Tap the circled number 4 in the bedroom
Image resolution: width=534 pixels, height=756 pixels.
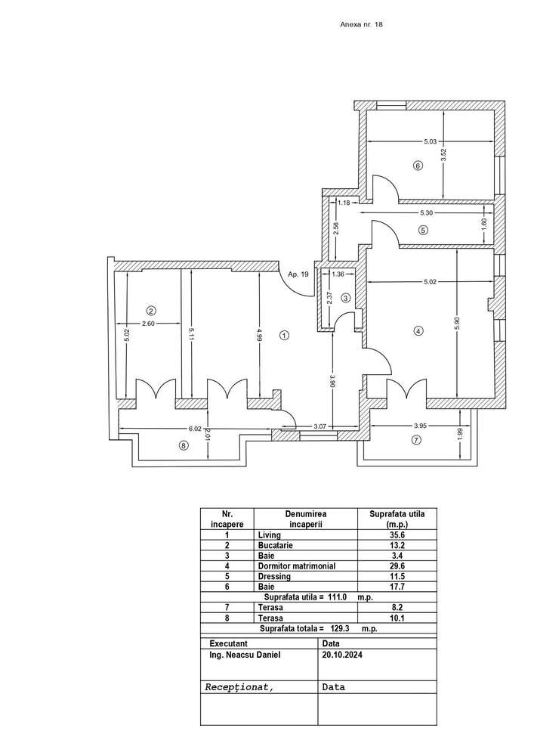tap(417, 330)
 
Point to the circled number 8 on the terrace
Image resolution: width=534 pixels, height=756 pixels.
tap(183, 446)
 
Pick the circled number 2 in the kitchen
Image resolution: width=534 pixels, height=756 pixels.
tap(151, 310)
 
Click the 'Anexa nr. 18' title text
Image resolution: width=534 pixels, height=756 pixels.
tap(363, 25)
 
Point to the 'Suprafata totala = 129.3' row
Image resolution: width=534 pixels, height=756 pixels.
tap(318, 627)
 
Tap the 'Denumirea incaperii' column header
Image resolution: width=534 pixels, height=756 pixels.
tap(304, 519)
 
